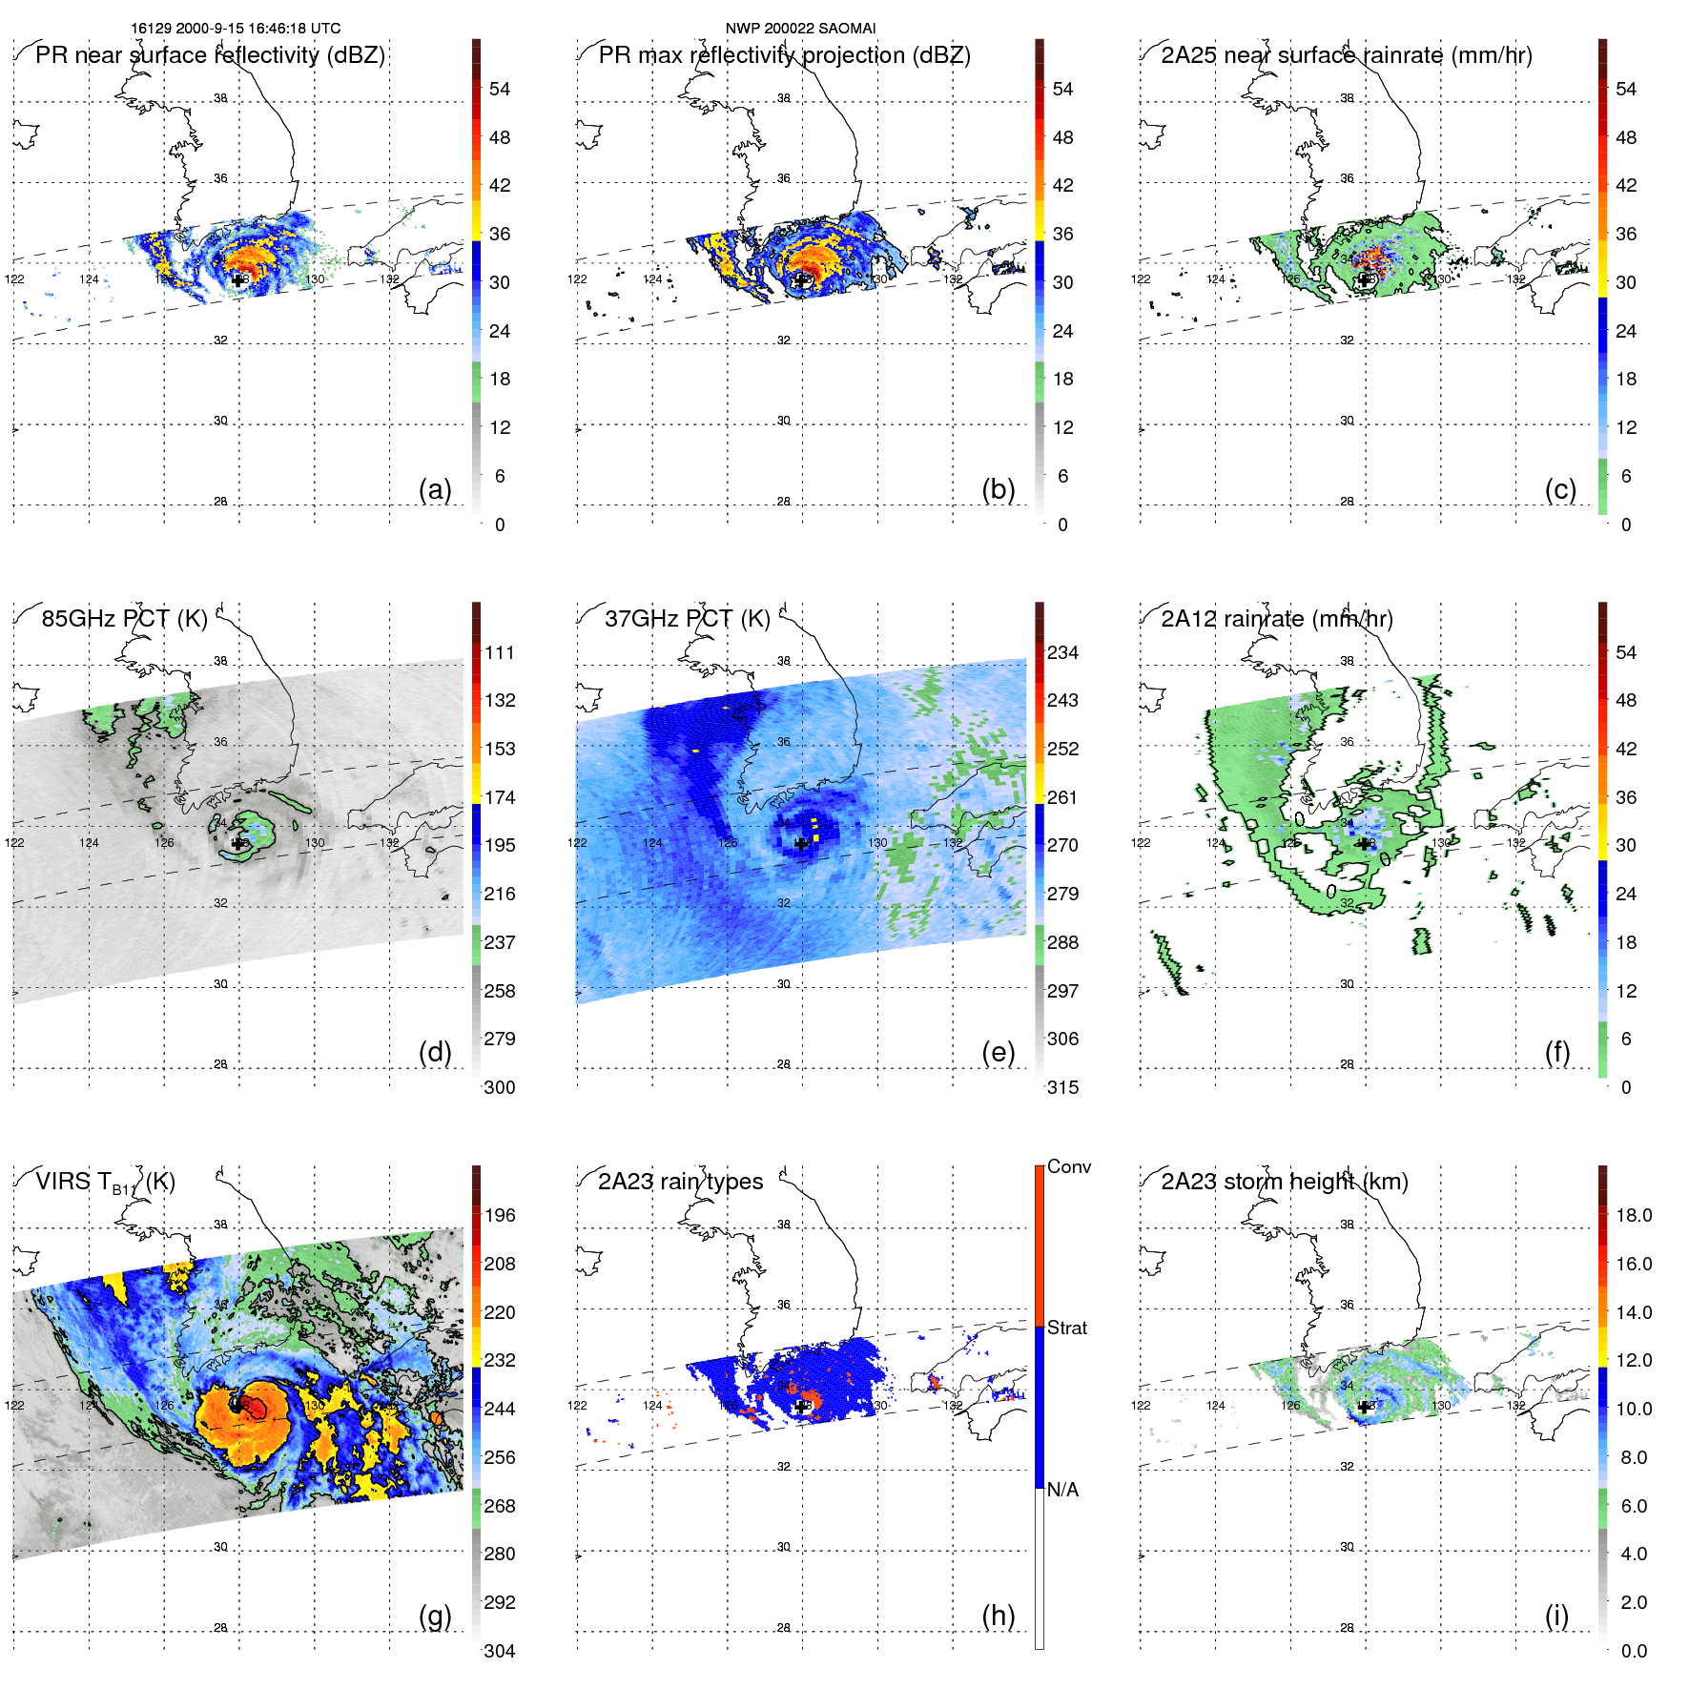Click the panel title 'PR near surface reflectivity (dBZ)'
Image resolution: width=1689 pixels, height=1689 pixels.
[x=210, y=55]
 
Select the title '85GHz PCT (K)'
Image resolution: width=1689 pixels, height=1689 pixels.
[x=124, y=619]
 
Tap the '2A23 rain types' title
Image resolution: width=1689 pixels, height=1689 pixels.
[x=680, y=1182]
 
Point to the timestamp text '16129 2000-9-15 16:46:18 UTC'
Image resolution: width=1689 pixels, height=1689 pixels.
[x=236, y=29]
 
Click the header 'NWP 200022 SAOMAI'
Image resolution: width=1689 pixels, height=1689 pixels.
[x=800, y=29]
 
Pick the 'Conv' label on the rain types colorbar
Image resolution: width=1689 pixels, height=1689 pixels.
[x=1068, y=1166]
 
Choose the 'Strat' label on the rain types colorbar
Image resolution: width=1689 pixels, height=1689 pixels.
[x=1066, y=1328]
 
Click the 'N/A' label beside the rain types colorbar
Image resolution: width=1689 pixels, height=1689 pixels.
[x=1062, y=1490]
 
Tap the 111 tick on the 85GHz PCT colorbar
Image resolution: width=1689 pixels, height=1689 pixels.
[x=500, y=652]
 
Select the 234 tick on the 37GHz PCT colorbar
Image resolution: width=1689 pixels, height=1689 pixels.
[x=1062, y=652]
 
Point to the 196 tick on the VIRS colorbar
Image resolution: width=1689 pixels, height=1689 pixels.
[x=500, y=1215]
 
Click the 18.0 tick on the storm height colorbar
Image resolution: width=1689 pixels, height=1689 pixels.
[x=1633, y=1215]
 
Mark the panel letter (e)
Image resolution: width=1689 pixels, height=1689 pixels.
[x=998, y=1053]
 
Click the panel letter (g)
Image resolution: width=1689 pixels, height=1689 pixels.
[x=435, y=1616]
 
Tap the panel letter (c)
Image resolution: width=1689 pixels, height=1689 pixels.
[x=1560, y=490]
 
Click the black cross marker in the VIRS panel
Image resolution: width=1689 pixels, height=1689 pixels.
[x=237, y=1406]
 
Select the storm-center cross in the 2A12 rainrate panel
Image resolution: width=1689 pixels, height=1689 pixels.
[x=1365, y=843]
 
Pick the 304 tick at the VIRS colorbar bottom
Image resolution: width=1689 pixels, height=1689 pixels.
[x=500, y=1651]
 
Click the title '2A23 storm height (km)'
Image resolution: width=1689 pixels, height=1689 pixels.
[x=1284, y=1182]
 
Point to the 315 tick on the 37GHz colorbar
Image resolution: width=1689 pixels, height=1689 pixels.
[x=1062, y=1087]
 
